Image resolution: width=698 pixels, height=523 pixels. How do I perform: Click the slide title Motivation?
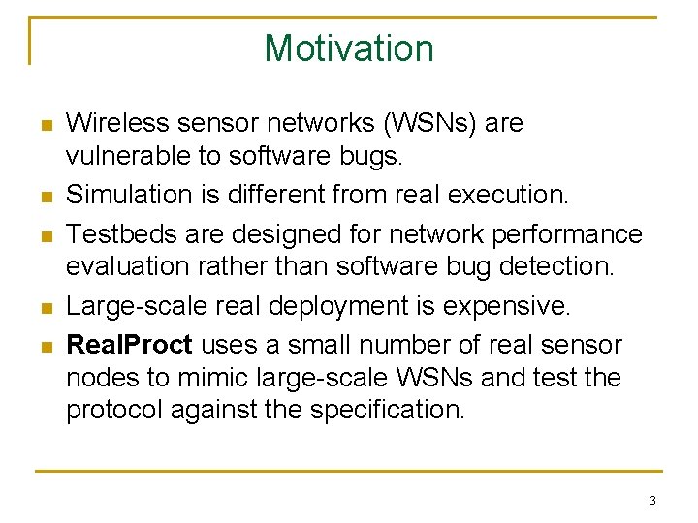[349, 47]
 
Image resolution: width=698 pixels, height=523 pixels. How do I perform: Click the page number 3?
[652, 501]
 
